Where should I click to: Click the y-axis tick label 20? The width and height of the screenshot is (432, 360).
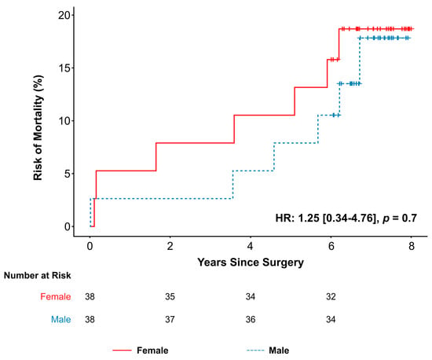coord(64,15)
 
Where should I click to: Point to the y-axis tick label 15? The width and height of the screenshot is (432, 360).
coord(64,68)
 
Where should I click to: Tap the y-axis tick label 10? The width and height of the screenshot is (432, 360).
coord(64,121)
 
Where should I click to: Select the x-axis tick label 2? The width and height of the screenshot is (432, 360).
coord(170,246)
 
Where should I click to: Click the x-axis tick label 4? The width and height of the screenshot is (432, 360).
coord(250,246)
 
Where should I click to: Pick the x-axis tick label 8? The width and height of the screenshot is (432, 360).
coord(411,246)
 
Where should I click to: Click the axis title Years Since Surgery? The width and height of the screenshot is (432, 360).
coord(251,263)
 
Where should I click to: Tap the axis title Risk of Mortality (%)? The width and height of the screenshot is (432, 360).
coord(38,127)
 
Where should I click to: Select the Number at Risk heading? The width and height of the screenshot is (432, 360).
coord(38,275)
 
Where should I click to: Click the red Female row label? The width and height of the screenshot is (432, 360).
coord(56,296)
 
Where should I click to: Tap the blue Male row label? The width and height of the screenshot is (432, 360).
coord(61,319)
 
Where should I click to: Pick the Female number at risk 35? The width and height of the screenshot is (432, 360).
coord(170,296)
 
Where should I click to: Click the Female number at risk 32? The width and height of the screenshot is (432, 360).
coord(331,296)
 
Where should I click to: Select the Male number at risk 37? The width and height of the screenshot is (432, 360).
coord(170,319)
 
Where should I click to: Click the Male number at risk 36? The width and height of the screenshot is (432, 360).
coord(251,319)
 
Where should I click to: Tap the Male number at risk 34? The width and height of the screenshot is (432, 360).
coord(331,319)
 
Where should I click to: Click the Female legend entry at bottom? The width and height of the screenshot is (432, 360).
coord(141,351)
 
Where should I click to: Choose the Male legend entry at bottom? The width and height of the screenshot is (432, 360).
coord(268,351)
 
